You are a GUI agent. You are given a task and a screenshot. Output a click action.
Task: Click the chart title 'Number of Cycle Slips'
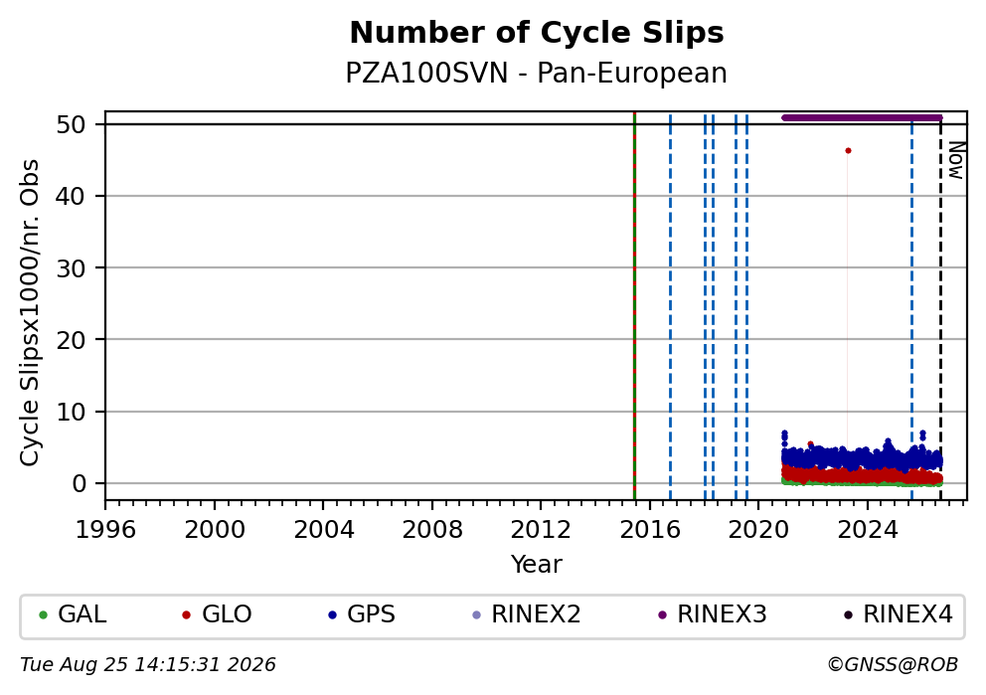coord(537,33)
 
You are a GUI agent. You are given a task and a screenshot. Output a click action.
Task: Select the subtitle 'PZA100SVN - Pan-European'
coord(537,73)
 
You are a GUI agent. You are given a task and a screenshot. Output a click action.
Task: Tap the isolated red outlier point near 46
coord(848,151)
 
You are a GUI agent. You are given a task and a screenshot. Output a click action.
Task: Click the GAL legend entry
coord(73,614)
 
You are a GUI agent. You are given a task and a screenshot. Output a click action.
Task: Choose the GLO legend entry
coord(217,614)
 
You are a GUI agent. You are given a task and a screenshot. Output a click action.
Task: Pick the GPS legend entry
coord(362,614)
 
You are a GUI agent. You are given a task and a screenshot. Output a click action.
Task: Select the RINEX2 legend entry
coord(527,614)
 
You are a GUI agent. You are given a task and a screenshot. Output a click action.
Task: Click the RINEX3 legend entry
coord(713,614)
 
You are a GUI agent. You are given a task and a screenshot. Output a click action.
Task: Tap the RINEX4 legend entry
coord(899,614)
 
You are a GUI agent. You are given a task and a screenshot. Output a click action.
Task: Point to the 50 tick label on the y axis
coord(71,124)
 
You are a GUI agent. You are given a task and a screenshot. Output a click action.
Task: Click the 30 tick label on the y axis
coord(71,268)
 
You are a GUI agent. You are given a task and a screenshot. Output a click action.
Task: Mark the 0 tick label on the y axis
coord(79,483)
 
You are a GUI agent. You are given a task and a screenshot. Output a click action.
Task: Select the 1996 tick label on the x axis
coord(105,530)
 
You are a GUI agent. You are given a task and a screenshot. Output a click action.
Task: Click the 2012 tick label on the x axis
coord(540,530)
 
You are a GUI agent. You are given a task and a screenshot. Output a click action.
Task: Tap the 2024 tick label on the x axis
coord(867,530)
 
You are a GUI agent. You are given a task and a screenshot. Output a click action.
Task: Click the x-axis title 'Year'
coord(537,564)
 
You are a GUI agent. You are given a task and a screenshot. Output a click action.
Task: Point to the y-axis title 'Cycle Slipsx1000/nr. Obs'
coord(30,312)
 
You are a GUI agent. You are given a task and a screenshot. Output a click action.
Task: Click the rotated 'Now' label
coord(955,160)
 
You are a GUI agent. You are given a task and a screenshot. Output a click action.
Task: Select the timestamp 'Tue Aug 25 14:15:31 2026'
coord(148,665)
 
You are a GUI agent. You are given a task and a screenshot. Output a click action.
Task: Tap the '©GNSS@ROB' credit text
coord(893,665)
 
